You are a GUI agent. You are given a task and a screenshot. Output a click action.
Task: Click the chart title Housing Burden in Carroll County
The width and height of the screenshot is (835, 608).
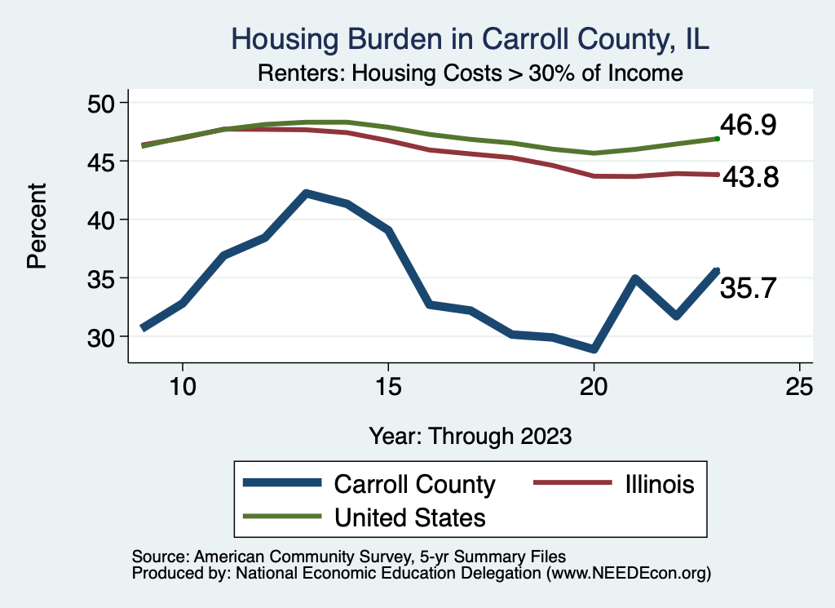tap(471, 39)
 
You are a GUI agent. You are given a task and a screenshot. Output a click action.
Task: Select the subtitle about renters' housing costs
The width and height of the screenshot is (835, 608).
tap(470, 73)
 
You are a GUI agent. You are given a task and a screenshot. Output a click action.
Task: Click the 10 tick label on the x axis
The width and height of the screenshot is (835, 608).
tap(182, 387)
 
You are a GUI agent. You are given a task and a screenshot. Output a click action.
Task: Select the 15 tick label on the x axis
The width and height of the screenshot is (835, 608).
tap(388, 387)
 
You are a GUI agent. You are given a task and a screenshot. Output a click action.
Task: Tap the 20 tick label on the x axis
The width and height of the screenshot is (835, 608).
tap(594, 387)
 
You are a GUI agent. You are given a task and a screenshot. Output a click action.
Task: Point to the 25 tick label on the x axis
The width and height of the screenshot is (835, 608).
tap(799, 387)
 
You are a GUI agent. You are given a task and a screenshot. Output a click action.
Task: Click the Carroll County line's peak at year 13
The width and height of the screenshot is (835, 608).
tap(306, 193)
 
